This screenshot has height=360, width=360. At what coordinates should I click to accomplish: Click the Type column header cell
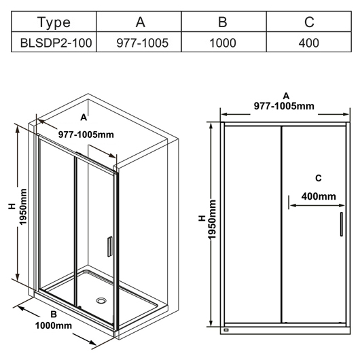[x=54, y=21]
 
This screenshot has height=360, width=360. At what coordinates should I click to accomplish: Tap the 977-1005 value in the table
[x=143, y=43]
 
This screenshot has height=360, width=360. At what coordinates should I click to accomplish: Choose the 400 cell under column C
[x=309, y=42]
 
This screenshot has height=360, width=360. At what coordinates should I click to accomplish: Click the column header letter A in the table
[x=141, y=22]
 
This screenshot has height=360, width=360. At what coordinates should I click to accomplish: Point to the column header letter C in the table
[x=309, y=22]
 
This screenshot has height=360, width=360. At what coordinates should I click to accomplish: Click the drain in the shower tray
[x=101, y=300]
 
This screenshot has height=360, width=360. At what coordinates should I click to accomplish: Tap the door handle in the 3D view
[x=110, y=247]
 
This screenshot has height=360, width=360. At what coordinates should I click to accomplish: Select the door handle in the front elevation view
[x=342, y=224]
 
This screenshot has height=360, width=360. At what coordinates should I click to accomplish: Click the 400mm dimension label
[x=319, y=196]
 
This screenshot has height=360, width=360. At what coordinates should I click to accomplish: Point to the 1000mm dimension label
[x=54, y=325]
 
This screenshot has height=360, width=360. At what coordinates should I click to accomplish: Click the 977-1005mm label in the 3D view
[x=86, y=134]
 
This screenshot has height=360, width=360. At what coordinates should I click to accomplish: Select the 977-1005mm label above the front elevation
[x=284, y=106]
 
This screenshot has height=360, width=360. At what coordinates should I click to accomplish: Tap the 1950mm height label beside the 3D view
[x=22, y=206]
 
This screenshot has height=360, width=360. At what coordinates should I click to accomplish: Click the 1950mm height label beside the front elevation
[x=213, y=219]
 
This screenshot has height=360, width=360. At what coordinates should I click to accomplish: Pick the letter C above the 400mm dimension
[x=319, y=178]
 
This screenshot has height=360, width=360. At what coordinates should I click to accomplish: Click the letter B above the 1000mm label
[x=54, y=314]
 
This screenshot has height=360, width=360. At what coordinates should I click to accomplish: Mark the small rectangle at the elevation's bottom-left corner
[x=226, y=330]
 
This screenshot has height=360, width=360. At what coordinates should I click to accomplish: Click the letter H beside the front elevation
[x=202, y=218]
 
